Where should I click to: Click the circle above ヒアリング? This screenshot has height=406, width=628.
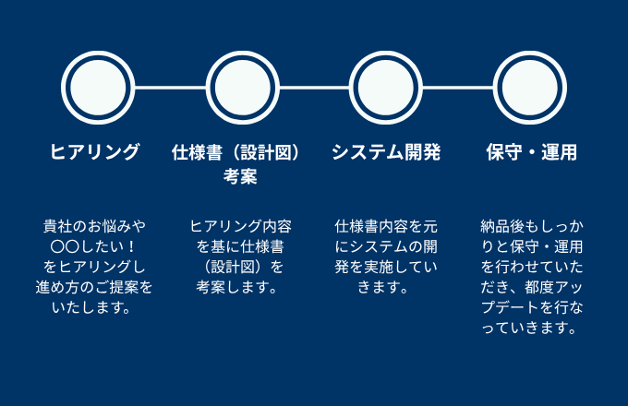(97, 88)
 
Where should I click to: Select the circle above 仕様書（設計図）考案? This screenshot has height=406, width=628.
(242, 88)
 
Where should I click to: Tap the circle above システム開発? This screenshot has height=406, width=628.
(386, 88)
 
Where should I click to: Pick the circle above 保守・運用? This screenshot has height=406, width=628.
(530, 88)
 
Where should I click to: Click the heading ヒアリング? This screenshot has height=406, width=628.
(95, 153)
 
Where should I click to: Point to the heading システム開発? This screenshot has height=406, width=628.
(386, 153)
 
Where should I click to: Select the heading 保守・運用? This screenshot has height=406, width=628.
(531, 153)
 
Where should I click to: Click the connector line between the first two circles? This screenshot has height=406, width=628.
(170, 88)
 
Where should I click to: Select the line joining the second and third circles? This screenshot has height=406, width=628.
(314, 88)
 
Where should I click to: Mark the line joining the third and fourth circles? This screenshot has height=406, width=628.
(458, 88)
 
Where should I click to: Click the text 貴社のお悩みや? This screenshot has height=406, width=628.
(95, 226)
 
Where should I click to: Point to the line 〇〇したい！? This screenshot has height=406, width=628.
(95, 246)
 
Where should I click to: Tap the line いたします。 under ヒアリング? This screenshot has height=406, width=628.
(95, 307)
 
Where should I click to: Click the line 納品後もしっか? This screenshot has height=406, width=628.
(531, 226)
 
